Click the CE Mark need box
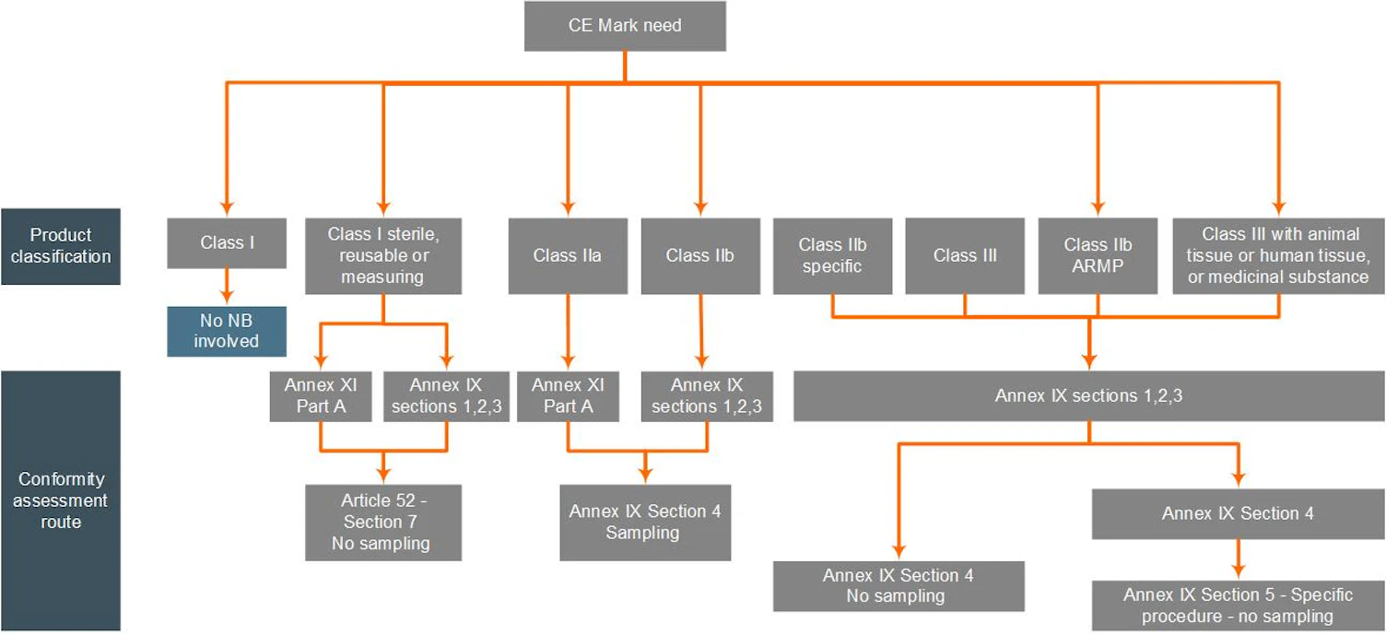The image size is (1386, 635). click(x=625, y=26)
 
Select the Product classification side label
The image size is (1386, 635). click(x=60, y=246)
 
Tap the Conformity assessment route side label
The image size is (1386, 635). click(x=60, y=500)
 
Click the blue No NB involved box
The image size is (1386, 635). click(x=226, y=331)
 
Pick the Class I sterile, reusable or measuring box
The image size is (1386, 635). click(x=382, y=255)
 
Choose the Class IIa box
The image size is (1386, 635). click(x=568, y=255)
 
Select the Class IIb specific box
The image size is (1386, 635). click(x=832, y=255)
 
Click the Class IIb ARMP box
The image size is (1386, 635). click(x=1098, y=255)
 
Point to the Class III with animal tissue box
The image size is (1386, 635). click(x=1278, y=255)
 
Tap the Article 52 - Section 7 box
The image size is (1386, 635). click(x=382, y=523)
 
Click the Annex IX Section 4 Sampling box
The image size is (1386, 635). click(x=644, y=523)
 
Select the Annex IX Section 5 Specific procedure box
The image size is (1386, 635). click(x=1238, y=606)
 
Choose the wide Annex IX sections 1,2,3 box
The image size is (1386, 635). click(x=1088, y=396)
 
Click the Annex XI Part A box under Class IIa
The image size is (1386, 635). click(x=568, y=396)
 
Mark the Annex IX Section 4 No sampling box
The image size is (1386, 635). click(x=898, y=586)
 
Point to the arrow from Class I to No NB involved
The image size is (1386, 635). click(x=226, y=286)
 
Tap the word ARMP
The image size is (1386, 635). click(x=1098, y=266)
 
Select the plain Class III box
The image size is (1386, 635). click(x=965, y=255)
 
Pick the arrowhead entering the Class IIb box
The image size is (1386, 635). click(x=700, y=208)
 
